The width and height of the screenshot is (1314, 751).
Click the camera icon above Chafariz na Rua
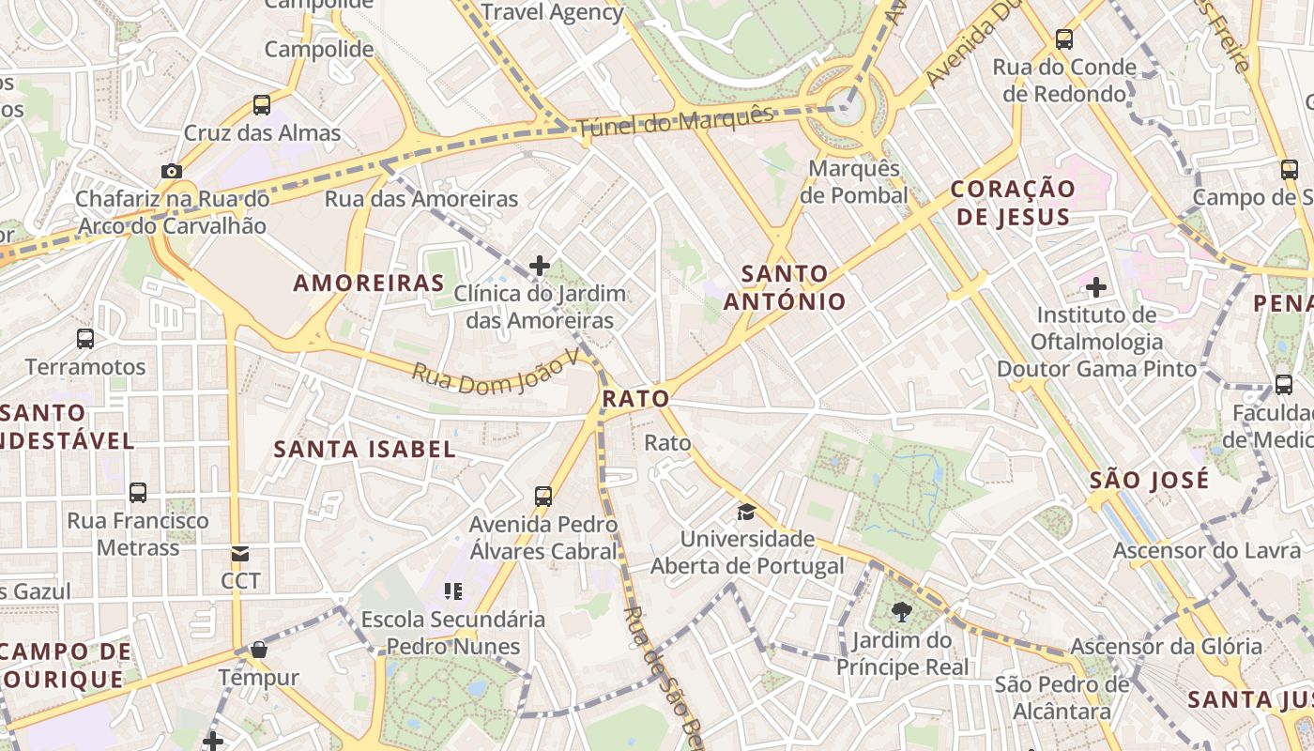(171, 171)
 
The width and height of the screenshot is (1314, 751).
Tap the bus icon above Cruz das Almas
(262, 105)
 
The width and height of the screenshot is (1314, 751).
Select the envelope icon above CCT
(240, 554)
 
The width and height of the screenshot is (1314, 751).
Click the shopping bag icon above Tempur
(259, 650)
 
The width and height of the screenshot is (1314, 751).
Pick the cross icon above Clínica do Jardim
(540, 266)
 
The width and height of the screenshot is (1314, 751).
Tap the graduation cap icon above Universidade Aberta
(747, 512)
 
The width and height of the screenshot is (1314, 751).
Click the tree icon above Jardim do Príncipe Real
(902, 613)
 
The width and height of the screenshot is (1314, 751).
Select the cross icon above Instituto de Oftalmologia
(1096, 286)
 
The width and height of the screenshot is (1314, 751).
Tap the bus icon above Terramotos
(85, 339)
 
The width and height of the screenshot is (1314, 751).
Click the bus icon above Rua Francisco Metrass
(138, 493)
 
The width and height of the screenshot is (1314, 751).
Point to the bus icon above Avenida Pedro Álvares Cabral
(543, 497)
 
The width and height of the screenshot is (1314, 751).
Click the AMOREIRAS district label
(369, 283)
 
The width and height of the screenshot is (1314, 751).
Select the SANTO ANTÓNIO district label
(785, 288)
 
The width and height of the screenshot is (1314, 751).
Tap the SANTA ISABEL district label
(364, 449)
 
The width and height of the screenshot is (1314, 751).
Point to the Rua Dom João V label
(490, 373)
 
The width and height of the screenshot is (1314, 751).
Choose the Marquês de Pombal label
(854, 182)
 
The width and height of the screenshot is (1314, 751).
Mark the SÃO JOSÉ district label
(1149, 481)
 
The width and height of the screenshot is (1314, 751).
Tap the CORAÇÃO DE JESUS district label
(1012, 203)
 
